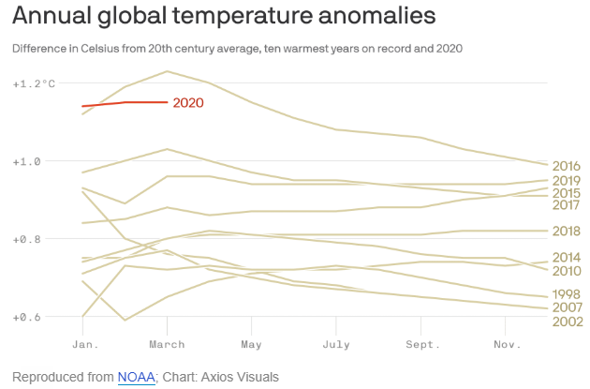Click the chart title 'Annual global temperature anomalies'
[x=224, y=16]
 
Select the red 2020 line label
[x=188, y=103]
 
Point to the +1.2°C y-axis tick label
[x=34, y=83]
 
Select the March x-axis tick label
[x=167, y=344]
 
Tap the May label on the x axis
[x=250, y=344]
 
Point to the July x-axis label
[x=336, y=344]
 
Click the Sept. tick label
[x=421, y=344]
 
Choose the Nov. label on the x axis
[x=506, y=344]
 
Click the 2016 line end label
[x=568, y=166]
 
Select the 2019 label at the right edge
[x=568, y=181]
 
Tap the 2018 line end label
[x=568, y=231]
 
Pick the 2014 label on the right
[x=568, y=257]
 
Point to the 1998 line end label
[x=568, y=293]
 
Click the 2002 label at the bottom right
[x=568, y=322]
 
